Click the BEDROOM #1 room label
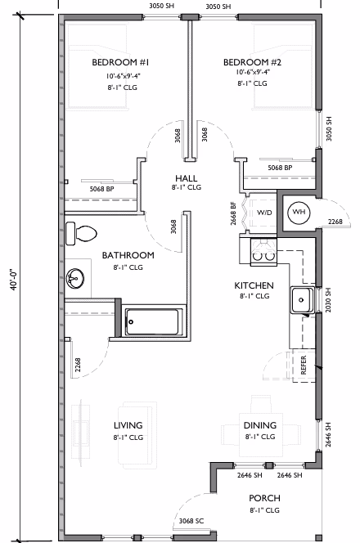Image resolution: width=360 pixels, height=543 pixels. pos(120,62)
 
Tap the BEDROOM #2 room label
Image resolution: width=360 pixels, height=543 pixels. pos(252,62)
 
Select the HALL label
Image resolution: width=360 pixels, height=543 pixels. pos(187,178)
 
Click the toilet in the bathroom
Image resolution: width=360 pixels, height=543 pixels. pos(81,234)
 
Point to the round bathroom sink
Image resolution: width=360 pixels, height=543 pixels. pos(74,278)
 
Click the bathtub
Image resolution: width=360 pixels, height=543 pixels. pos(151,322)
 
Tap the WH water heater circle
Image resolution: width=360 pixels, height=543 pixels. pos(299,213)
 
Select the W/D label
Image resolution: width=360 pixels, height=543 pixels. pos(265,213)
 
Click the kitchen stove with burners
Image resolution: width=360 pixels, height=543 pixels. pos(263,252)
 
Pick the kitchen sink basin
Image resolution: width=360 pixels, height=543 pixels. pos(302,300)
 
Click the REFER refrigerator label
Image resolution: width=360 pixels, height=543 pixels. pos(304,365)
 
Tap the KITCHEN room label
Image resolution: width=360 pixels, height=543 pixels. pos(254,285)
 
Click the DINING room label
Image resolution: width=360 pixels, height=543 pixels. pos(260,425)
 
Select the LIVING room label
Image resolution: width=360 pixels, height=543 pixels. pos(128,425)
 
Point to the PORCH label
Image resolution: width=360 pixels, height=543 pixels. pos(265,498)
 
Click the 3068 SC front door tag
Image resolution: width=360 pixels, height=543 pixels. pos(191,521)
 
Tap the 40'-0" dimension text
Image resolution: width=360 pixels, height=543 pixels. pos(14,279)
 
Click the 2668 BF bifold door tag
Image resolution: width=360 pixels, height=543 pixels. pos(233,213)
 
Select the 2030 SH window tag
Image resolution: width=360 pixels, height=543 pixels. pos(328,300)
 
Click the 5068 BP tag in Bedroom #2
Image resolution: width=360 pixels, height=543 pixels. pos(280,168)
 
